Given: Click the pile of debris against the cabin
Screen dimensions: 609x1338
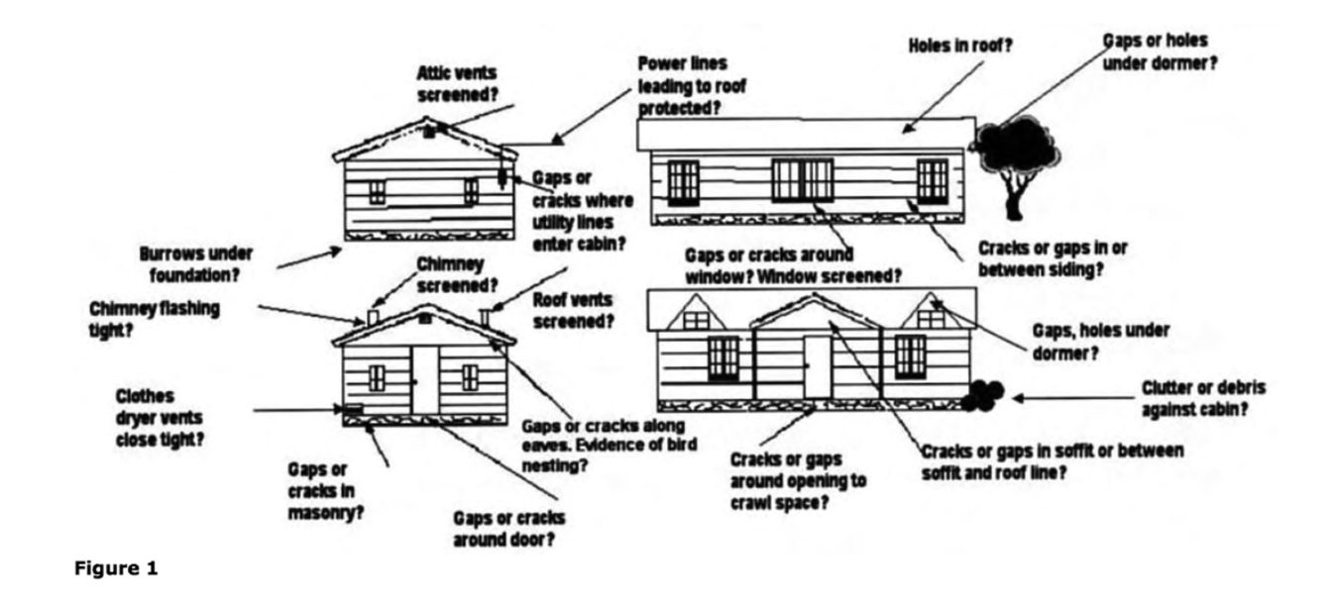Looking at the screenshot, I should [982, 394].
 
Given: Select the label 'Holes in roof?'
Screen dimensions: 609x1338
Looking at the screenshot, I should [959, 46].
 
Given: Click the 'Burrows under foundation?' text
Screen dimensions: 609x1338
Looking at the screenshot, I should [196, 261].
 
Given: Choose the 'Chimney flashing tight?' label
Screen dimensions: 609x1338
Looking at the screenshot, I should [154, 318].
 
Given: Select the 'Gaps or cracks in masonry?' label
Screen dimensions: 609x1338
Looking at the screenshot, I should [322, 491].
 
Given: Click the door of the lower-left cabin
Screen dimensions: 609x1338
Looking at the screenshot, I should [424, 379].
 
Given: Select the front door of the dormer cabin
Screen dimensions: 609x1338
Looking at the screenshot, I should [817, 365].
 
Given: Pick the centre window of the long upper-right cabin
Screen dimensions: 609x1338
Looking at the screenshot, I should [802, 180].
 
